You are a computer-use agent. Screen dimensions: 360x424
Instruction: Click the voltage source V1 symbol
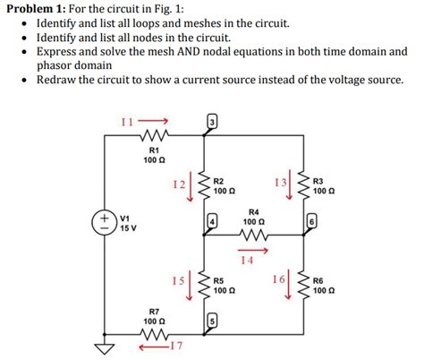106,221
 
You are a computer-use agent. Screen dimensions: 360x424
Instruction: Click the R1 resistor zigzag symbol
151,138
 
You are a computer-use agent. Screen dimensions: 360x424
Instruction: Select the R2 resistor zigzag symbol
204,186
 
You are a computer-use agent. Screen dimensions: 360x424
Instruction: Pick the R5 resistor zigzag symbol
204,285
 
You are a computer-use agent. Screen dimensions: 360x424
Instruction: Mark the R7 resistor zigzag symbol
152,335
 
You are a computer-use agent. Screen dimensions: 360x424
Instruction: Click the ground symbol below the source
106,347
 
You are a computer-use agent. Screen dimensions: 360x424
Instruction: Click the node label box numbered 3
212,121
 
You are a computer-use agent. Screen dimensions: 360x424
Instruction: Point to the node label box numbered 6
311,219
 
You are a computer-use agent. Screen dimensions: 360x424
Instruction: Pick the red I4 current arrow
253,250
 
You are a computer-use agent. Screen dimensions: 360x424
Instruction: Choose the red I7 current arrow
157,346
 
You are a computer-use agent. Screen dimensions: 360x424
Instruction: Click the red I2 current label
179,184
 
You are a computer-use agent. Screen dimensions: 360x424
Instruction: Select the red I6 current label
278,279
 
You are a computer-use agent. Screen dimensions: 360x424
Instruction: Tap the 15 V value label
125,227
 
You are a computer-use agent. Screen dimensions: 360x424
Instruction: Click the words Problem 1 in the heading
35,9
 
